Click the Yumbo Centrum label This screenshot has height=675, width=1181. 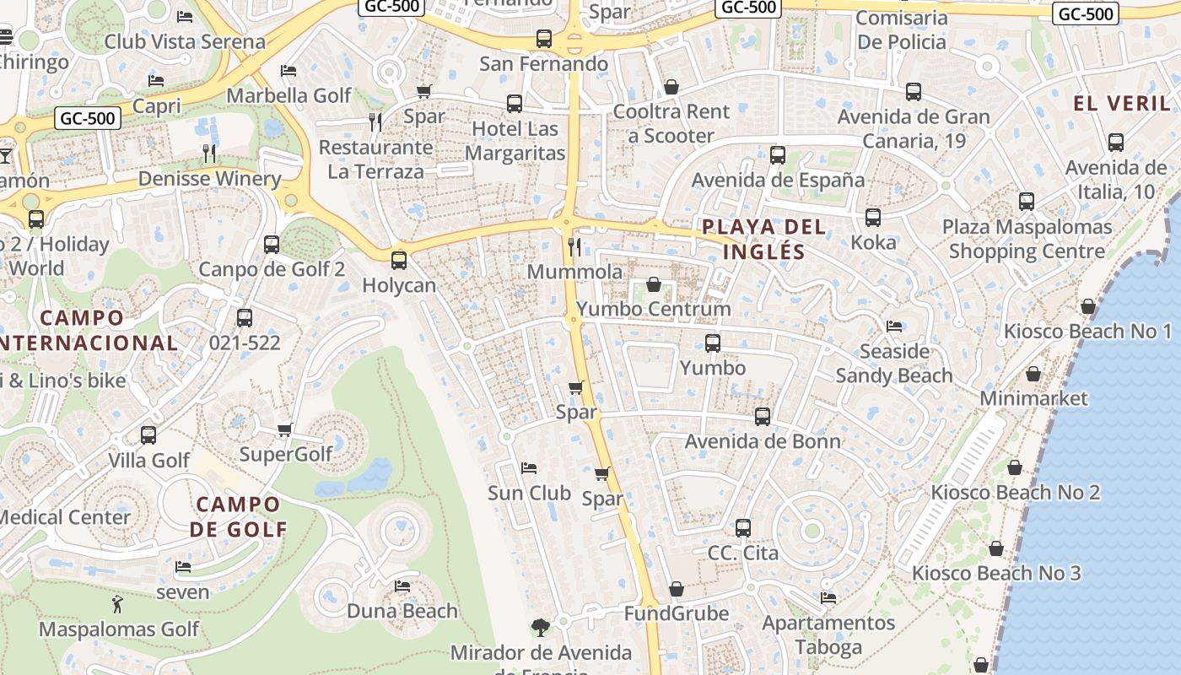click(654, 309)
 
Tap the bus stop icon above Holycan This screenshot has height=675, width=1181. click(399, 261)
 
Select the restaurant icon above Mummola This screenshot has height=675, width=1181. click(574, 246)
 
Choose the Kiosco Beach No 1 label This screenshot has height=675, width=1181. click(1087, 331)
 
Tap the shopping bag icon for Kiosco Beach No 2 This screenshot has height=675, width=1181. click(1015, 467)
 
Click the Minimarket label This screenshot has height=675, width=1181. click(1033, 397)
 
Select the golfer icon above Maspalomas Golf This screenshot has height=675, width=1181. click(117, 604)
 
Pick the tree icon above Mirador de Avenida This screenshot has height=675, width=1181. click(541, 628)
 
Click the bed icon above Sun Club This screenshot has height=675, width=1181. click(529, 467)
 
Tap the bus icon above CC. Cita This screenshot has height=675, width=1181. click(743, 528)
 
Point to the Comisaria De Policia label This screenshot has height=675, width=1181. click(902, 30)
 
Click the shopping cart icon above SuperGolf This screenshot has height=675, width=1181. click(285, 430)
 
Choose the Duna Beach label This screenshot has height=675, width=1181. click(402, 611)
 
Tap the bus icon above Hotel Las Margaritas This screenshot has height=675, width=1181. click(515, 104)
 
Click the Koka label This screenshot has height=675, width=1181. click(873, 242)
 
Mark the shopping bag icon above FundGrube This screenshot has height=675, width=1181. click(676, 589)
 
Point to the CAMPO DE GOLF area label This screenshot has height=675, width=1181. click(238, 516)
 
